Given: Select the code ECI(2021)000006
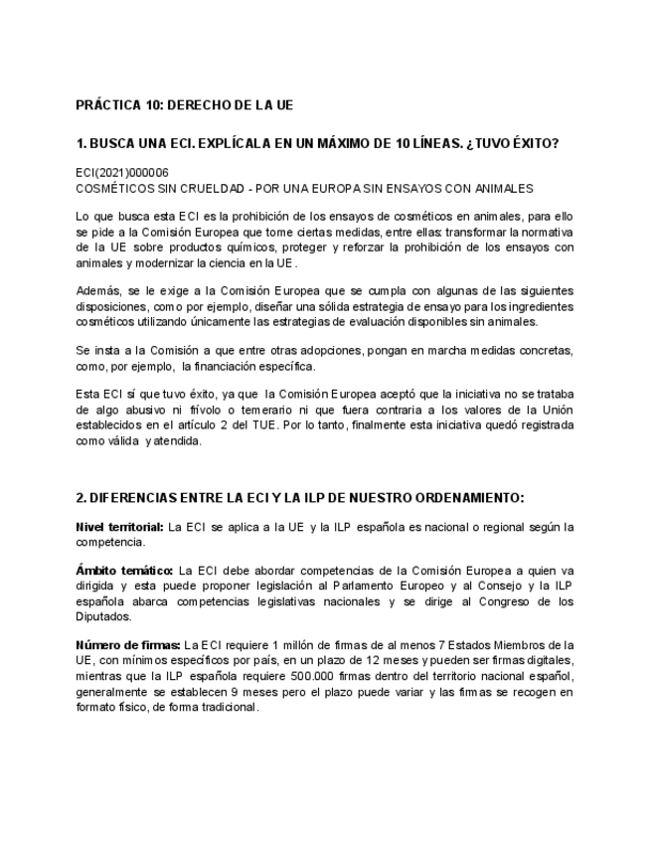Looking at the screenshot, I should coord(122,172).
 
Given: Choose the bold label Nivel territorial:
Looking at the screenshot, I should coord(120,526).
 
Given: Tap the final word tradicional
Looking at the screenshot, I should coord(228,708).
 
